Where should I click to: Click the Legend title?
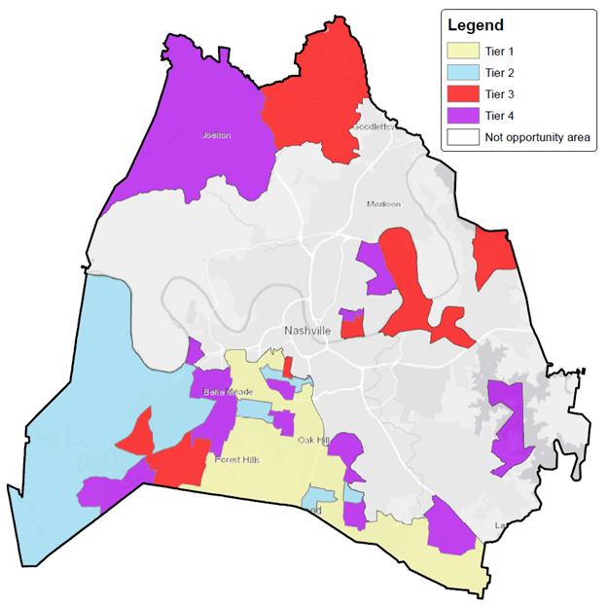click(476, 23)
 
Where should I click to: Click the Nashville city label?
click(308, 331)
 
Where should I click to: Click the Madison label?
click(383, 204)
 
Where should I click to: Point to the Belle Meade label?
click(216, 392)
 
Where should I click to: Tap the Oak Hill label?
click(314, 441)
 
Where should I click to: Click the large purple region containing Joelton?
click(195, 126)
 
